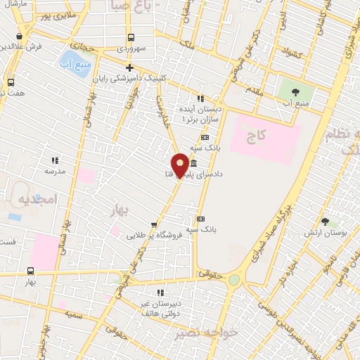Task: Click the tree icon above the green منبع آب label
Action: click(x=294, y=91)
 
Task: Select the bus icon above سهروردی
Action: click(x=130, y=38)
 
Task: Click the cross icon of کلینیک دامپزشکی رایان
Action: click(x=129, y=67)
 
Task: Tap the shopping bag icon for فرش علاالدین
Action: click(x=19, y=36)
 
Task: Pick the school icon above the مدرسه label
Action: click(x=55, y=160)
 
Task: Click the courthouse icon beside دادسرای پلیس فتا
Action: click(x=193, y=164)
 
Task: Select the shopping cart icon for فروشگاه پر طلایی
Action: click(x=153, y=225)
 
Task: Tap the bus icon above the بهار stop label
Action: click(x=30, y=271)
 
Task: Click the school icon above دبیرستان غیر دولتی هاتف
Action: click(x=160, y=292)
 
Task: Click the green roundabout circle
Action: click(x=233, y=280)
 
